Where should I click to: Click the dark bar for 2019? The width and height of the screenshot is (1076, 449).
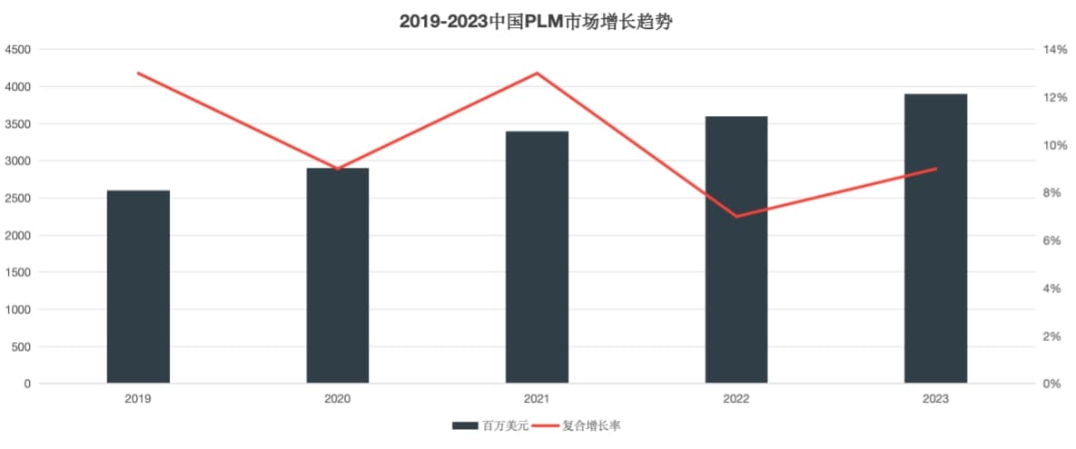pyautogui.click(x=138, y=287)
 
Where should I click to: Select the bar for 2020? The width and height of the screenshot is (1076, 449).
pyautogui.click(x=338, y=276)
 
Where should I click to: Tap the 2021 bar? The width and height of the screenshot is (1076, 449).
pyautogui.click(x=537, y=257)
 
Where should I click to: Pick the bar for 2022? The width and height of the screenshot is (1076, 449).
pyautogui.click(x=736, y=249)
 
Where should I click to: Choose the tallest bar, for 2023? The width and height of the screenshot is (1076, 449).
pyautogui.click(x=935, y=239)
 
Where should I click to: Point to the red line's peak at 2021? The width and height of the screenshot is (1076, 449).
pyautogui.click(x=537, y=73)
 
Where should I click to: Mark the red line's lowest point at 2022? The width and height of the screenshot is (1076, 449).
pyautogui.click(x=736, y=217)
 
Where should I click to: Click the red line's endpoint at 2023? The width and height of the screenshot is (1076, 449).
pyautogui.click(x=935, y=169)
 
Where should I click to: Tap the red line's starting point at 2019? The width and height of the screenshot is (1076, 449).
pyautogui.click(x=138, y=73)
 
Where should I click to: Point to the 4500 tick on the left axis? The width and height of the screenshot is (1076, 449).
pyautogui.click(x=18, y=50)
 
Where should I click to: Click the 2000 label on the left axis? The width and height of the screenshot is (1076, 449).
pyautogui.click(x=18, y=236)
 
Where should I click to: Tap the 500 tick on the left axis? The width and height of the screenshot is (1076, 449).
pyautogui.click(x=21, y=347)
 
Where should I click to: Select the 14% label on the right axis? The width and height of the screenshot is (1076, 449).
pyautogui.click(x=1055, y=50)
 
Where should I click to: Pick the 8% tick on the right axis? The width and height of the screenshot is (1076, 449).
pyautogui.click(x=1052, y=193)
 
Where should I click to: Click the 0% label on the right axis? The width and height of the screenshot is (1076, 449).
pyautogui.click(x=1052, y=385)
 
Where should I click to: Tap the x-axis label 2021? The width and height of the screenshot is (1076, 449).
pyautogui.click(x=537, y=399)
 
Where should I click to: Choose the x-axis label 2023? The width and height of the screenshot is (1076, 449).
pyautogui.click(x=935, y=399)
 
